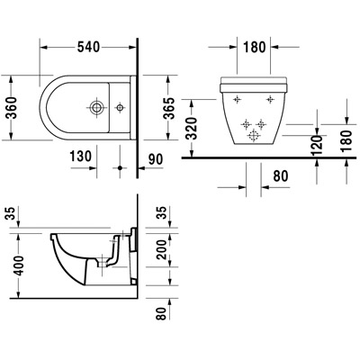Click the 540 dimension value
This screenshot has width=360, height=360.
[x=88, y=47]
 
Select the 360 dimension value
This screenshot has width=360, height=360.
[x=13, y=108]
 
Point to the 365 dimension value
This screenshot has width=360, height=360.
[x=169, y=108]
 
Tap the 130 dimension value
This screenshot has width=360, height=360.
[x=81, y=157]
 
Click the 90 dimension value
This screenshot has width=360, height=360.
[x=155, y=159]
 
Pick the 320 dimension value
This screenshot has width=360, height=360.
[x=192, y=129]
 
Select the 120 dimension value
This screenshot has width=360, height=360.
[x=317, y=145]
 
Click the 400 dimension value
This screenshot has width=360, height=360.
[x=19, y=265]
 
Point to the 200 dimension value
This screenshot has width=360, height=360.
[x=162, y=249]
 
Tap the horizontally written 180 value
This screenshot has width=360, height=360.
[x=255, y=48]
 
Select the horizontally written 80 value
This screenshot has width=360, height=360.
[x=281, y=175]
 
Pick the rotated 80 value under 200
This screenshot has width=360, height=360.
[x=162, y=312]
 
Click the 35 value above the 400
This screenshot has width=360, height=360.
[x=12, y=213]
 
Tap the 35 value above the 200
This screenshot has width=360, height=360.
[x=162, y=213]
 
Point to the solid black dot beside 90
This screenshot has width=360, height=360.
[x=120, y=168]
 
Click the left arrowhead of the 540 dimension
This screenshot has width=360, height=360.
[x=44, y=48]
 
